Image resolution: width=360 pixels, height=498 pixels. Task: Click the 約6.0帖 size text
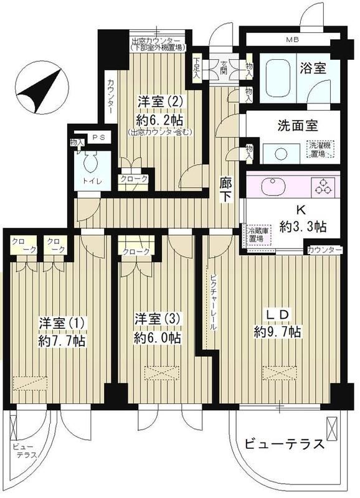(x=157, y=338)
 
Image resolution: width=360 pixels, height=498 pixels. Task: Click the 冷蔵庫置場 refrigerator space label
(x=253, y=234)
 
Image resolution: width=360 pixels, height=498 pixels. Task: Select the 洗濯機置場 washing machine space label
(x=322, y=149)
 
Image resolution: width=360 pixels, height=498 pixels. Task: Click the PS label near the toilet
(x=98, y=138)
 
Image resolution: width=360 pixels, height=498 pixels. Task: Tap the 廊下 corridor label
(x=227, y=190)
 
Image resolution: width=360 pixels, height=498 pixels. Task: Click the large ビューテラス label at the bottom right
(x=283, y=445)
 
